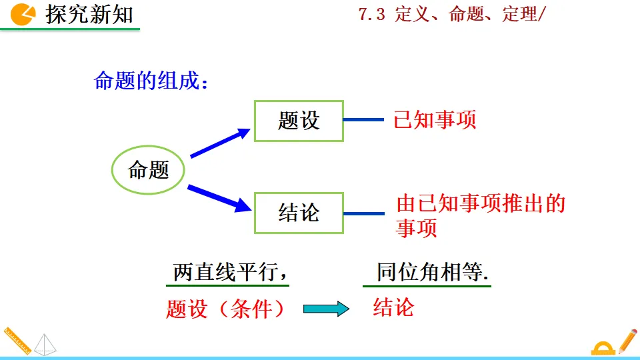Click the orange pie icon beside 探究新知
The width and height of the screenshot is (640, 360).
tap(24, 14)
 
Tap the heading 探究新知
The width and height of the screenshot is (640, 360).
tap(89, 14)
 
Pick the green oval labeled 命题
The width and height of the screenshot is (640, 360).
tap(148, 170)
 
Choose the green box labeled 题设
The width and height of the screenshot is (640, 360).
tap(299, 121)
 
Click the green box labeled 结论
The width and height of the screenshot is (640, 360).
tap(299, 213)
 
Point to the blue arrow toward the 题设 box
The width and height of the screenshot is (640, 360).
tap(219, 143)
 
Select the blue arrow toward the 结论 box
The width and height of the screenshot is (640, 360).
tap(219, 198)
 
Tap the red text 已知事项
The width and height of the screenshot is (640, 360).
tap(435, 120)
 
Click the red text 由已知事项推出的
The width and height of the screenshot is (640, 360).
tap(481, 203)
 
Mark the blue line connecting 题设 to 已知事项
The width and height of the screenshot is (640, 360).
tap(364, 120)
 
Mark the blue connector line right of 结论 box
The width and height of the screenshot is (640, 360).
tap(364, 213)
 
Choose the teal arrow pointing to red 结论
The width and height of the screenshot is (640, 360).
tap(326, 309)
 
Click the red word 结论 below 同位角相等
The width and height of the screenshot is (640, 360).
tap(393, 307)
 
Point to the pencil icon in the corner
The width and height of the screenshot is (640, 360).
tap(627, 341)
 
